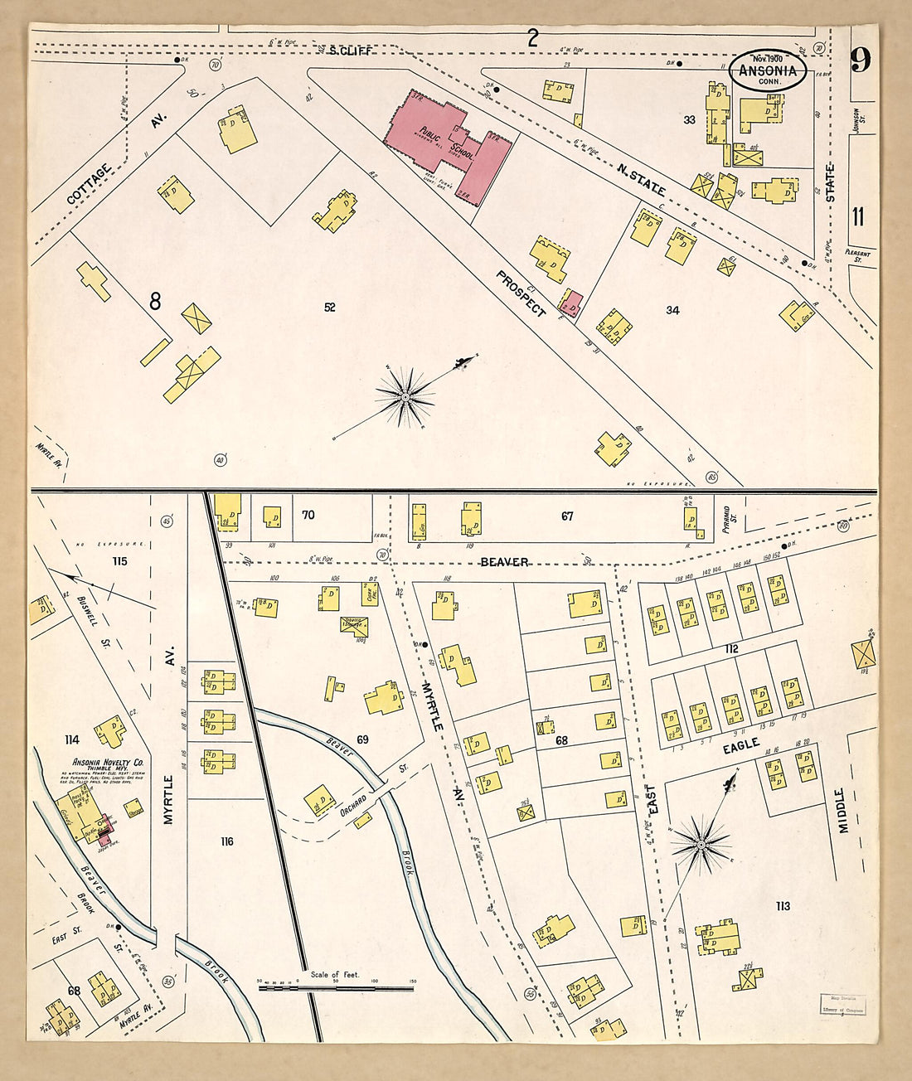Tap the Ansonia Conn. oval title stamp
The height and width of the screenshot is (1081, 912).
pos(767,70)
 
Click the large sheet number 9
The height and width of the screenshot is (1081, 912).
pos(861,60)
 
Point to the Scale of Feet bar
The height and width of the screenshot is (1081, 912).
pos(336,987)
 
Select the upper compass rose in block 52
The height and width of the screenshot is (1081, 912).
pos(405,398)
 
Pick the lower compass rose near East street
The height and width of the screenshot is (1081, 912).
pos(701,845)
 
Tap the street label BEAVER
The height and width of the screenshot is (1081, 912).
pos(504,562)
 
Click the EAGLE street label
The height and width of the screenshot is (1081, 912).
pos(740,746)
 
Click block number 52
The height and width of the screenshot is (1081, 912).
pos(330,308)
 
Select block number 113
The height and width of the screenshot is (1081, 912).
pos(783,906)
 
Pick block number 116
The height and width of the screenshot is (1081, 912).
pos(226,841)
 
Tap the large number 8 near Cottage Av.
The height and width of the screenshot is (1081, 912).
pos(155,302)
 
